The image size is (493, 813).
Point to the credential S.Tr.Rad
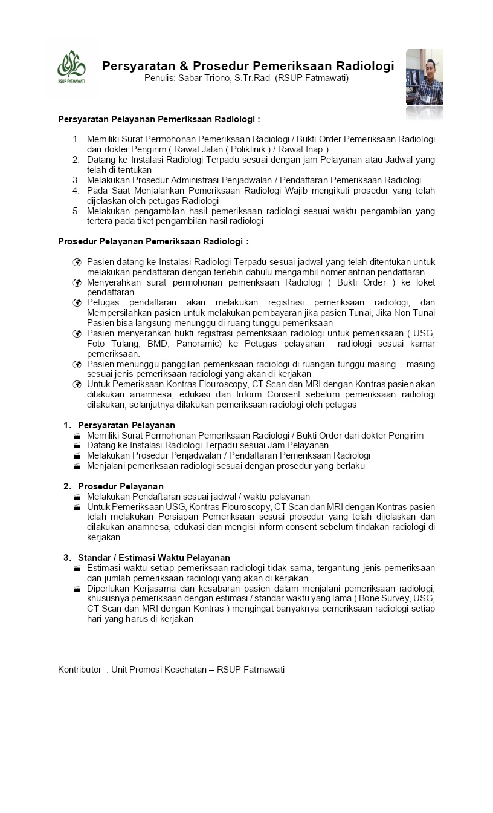(253, 78)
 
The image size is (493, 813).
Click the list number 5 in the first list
(76, 211)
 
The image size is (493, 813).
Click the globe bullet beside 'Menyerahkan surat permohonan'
(77, 282)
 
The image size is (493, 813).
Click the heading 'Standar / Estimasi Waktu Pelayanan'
(153, 557)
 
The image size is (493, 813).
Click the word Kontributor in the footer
(79, 669)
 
